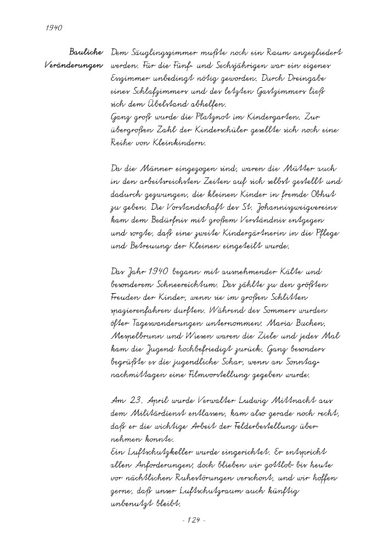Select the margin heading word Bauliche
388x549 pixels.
click(x=87, y=53)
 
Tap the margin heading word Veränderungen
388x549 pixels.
click(x=74, y=66)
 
